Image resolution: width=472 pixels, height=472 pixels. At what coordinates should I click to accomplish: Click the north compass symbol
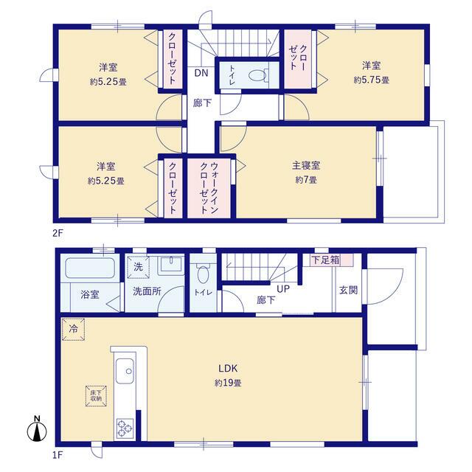(x=38, y=430)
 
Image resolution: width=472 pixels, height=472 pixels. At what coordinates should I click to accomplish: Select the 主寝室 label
(x=304, y=166)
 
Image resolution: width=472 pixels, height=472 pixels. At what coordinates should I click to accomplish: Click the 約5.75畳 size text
(x=371, y=80)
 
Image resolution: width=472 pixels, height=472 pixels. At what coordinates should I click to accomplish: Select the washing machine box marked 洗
(x=138, y=265)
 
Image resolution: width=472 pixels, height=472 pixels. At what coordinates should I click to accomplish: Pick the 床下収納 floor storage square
(x=97, y=397)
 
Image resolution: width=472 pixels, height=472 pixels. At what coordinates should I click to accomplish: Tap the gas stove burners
(x=123, y=426)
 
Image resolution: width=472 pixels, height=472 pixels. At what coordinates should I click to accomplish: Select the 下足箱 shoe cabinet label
(x=325, y=260)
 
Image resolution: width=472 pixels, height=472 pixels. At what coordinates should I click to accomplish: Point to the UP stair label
(x=283, y=288)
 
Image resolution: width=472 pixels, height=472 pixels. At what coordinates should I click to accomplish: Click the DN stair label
(x=201, y=72)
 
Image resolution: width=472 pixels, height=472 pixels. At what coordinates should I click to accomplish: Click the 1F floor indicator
(x=58, y=457)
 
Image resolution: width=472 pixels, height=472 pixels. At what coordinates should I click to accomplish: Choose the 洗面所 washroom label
(x=147, y=291)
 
